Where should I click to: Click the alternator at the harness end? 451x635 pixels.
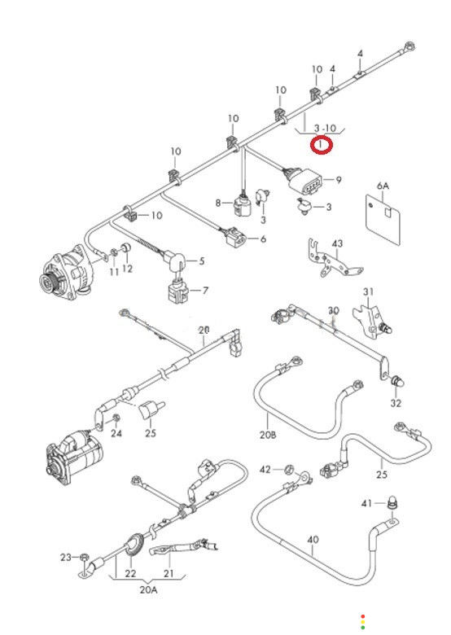tap(65, 269)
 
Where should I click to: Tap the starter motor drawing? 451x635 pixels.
tap(74, 458)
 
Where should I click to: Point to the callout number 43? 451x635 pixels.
tap(337, 243)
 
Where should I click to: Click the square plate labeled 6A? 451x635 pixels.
tap(383, 220)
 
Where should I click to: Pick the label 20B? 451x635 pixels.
tap(268, 435)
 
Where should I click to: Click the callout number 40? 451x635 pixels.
tap(313, 540)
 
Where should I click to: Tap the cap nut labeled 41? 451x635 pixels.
tap(392, 502)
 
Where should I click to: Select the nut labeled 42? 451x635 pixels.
tap(289, 470)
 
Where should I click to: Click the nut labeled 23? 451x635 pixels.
tap(84, 557)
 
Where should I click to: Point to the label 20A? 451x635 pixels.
tap(148, 589)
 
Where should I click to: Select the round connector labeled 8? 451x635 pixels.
tap(243, 204)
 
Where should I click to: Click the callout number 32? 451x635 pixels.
tap(396, 403)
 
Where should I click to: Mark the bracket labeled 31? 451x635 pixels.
tap(369, 319)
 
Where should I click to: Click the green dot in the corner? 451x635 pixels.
tap(363, 628)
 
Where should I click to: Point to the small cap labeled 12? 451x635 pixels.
tap(127, 247)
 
